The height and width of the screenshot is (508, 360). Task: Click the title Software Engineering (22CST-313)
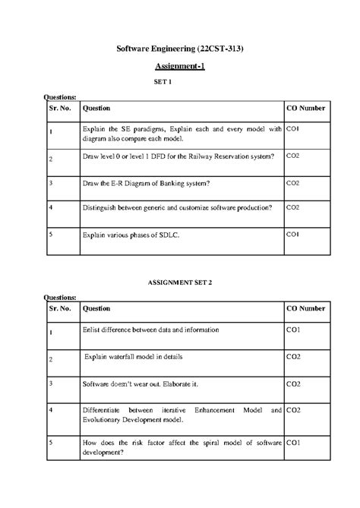click(180, 49)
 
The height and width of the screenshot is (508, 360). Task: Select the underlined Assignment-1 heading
click(180, 66)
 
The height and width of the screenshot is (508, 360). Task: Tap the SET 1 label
click(180, 81)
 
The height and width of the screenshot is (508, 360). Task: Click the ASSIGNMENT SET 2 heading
click(180, 282)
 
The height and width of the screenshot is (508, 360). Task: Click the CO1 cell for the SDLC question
click(293, 235)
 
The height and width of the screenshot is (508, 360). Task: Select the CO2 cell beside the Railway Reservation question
click(293, 155)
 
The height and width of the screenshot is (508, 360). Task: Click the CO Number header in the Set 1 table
click(305, 109)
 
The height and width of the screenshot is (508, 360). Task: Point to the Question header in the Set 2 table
click(96, 309)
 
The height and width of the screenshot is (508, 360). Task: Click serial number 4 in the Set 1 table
click(50, 207)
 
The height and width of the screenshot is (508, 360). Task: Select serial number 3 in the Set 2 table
click(50, 383)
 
